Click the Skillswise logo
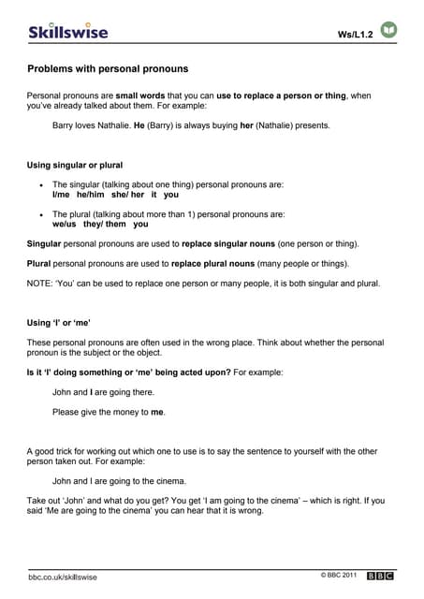[67, 31]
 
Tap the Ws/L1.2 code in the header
[355, 35]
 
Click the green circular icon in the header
[388, 31]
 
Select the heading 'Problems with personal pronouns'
[108, 69]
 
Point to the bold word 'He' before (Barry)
[139, 124]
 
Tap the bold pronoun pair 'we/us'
[64, 225]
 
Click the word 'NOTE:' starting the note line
[40, 284]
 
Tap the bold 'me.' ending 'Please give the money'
[157, 412]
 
